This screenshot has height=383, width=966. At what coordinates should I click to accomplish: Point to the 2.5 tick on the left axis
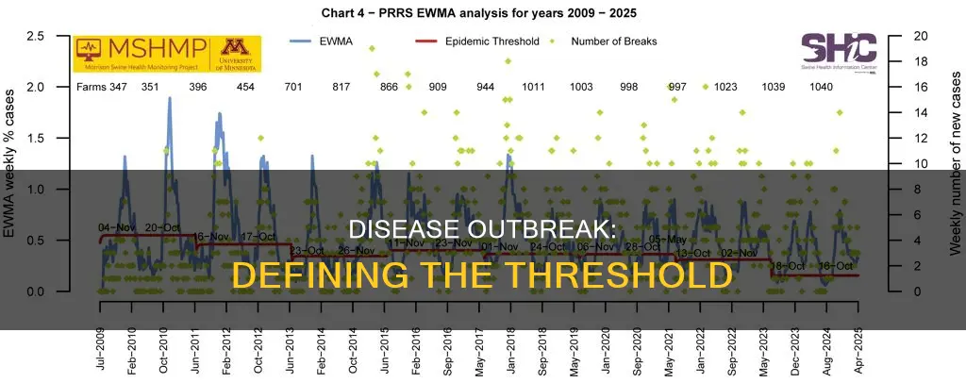[61, 36]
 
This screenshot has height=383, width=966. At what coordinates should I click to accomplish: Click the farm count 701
[293, 87]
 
